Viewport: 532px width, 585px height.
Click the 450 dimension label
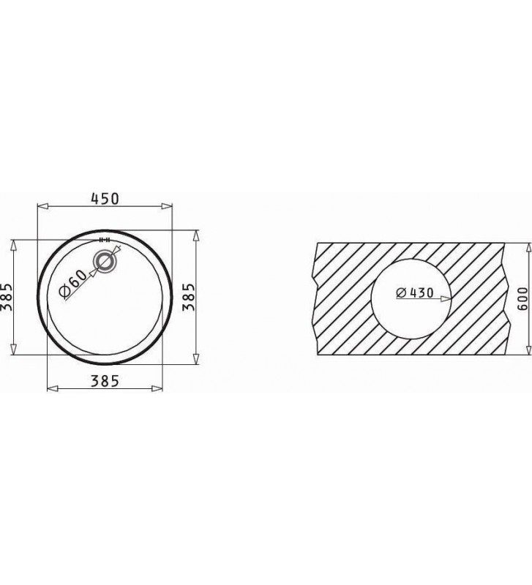pyautogui.click(x=105, y=198)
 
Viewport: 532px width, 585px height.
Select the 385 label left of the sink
pyautogui.click(x=7, y=297)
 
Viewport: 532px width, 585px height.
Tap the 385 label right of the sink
pyautogui.click(x=189, y=297)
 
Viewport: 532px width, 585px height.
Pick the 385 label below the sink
pyautogui.click(x=105, y=381)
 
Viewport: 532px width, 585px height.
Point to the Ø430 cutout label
pyautogui.click(x=415, y=293)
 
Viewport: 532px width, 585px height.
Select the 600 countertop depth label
pyautogui.click(x=522, y=298)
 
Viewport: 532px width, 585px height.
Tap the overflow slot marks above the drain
pyautogui.click(x=104, y=240)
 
